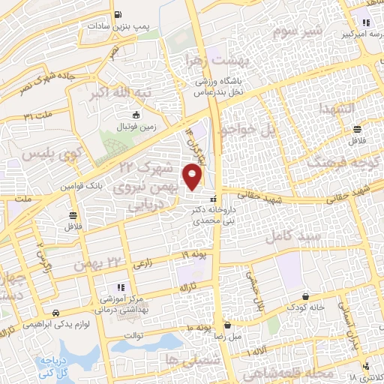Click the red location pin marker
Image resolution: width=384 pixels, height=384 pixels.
point(193,177)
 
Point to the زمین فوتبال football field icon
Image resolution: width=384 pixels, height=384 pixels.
point(136,115)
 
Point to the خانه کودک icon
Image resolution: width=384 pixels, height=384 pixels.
point(305,297)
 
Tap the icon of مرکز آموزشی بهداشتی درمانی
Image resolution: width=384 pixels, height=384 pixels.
point(119,288)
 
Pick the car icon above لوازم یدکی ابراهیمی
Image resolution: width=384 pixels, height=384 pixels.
point(55,313)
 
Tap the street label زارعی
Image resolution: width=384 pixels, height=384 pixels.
point(143,265)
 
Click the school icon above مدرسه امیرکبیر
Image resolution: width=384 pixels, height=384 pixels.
point(366,22)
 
